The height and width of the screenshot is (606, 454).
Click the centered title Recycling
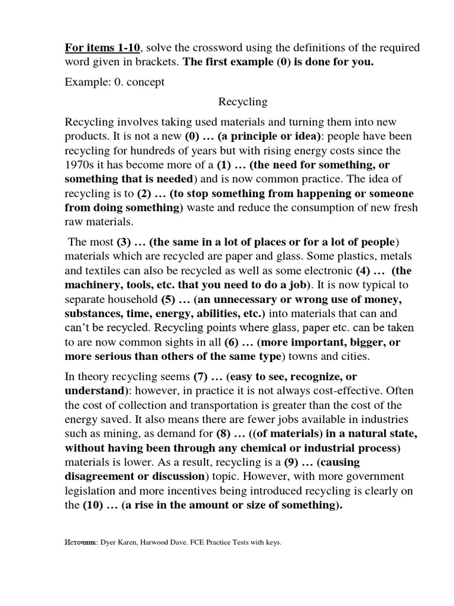[243, 102]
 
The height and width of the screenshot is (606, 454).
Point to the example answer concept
[145, 82]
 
